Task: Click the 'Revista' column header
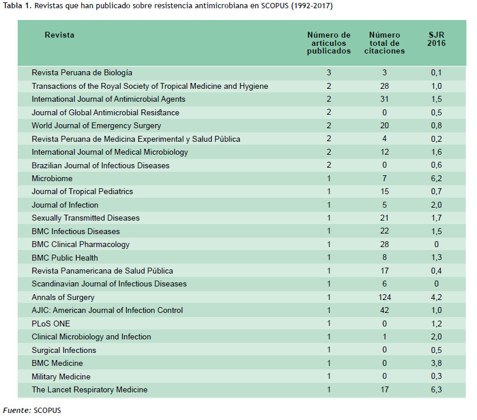tap(59, 35)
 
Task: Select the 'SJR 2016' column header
tap(436, 39)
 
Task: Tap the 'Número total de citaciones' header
tap(385, 43)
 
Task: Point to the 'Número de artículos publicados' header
tap(329, 43)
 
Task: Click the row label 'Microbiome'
tap(52, 178)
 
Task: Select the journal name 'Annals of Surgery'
tap(63, 297)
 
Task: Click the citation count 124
tap(385, 297)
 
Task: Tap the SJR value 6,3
tap(436, 389)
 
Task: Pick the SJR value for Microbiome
tap(436, 178)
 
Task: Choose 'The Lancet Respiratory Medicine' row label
tap(89, 390)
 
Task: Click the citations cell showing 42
tap(385, 310)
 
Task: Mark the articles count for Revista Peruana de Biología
tap(329, 72)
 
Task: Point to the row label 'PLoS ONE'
tap(51, 324)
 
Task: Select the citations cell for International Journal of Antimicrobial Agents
tap(385, 99)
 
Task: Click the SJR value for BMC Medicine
tap(436, 363)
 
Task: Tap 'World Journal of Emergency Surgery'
tap(96, 126)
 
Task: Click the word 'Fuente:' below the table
tap(17, 410)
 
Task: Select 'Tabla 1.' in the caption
tap(17, 6)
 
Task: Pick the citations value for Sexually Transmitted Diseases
tap(385, 218)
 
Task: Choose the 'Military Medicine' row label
tap(61, 377)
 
